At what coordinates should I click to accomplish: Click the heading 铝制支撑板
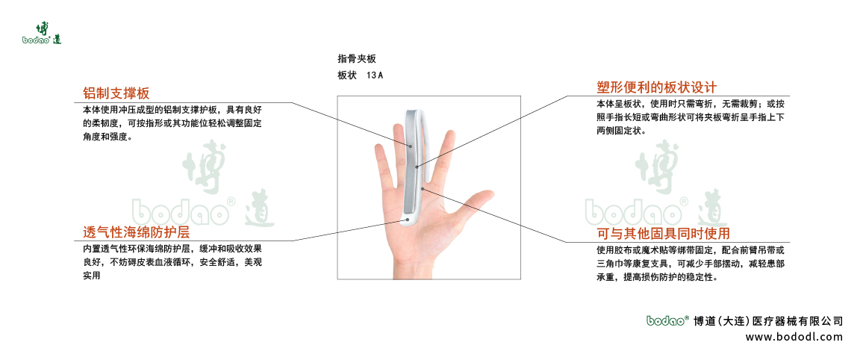point(116,93)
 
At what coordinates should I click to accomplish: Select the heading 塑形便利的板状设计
point(656,87)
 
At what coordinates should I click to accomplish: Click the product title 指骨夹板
point(351,58)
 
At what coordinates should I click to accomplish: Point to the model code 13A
point(375,75)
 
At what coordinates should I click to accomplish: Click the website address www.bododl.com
point(794,337)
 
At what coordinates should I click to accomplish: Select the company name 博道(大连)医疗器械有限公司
point(768,321)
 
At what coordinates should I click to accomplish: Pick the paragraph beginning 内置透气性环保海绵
point(172,261)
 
